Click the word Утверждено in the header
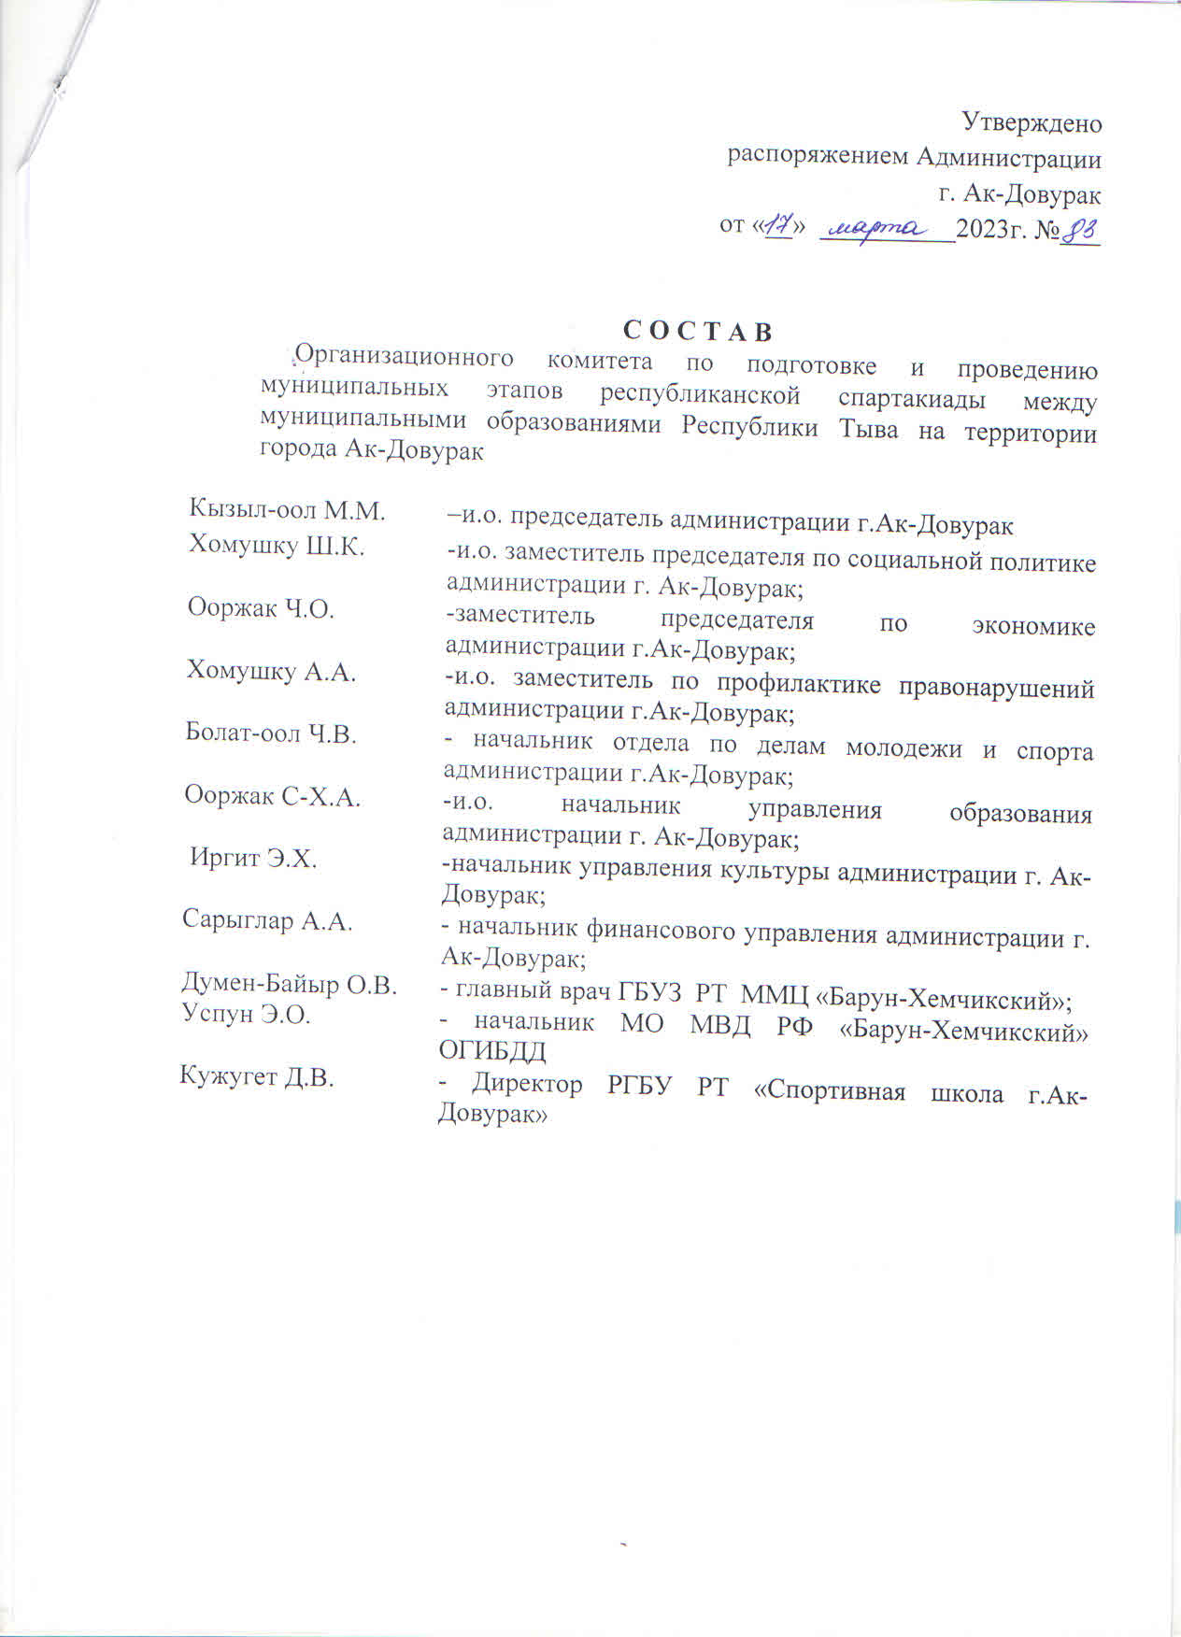(x=1032, y=122)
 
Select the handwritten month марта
(x=877, y=227)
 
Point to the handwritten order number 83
(x=1081, y=229)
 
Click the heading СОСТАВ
(x=698, y=332)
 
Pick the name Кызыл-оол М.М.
(x=288, y=510)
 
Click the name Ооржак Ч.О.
(x=261, y=608)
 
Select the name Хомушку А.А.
(x=272, y=671)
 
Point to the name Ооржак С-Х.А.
(x=272, y=797)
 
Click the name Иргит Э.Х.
(x=253, y=859)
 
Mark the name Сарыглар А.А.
(x=267, y=921)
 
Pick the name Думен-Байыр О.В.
(x=289, y=985)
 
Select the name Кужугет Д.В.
(x=257, y=1077)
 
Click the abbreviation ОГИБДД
(x=492, y=1051)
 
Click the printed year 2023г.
(x=990, y=229)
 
